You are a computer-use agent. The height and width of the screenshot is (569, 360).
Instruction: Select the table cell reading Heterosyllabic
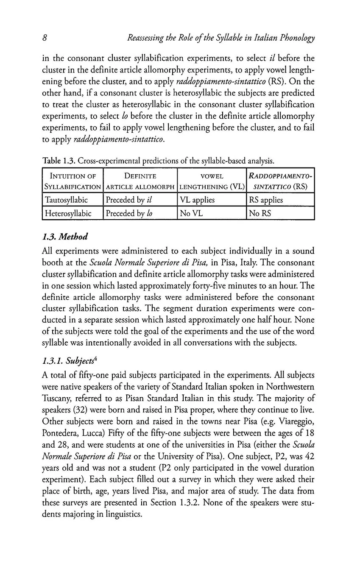[x=67, y=213]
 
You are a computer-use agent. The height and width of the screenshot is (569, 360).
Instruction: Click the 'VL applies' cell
[x=197, y=200]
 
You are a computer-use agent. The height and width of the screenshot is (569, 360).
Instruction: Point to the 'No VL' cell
[x=191, y=213]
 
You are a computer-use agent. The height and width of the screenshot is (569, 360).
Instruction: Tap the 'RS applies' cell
[x=266, y=200]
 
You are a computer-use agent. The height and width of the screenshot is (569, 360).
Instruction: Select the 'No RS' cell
[x=260, y=213]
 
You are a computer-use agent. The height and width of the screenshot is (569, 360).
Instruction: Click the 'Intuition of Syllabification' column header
[x=73, y=181]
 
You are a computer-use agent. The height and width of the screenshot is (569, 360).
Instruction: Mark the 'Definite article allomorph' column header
[x=140, y=181]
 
